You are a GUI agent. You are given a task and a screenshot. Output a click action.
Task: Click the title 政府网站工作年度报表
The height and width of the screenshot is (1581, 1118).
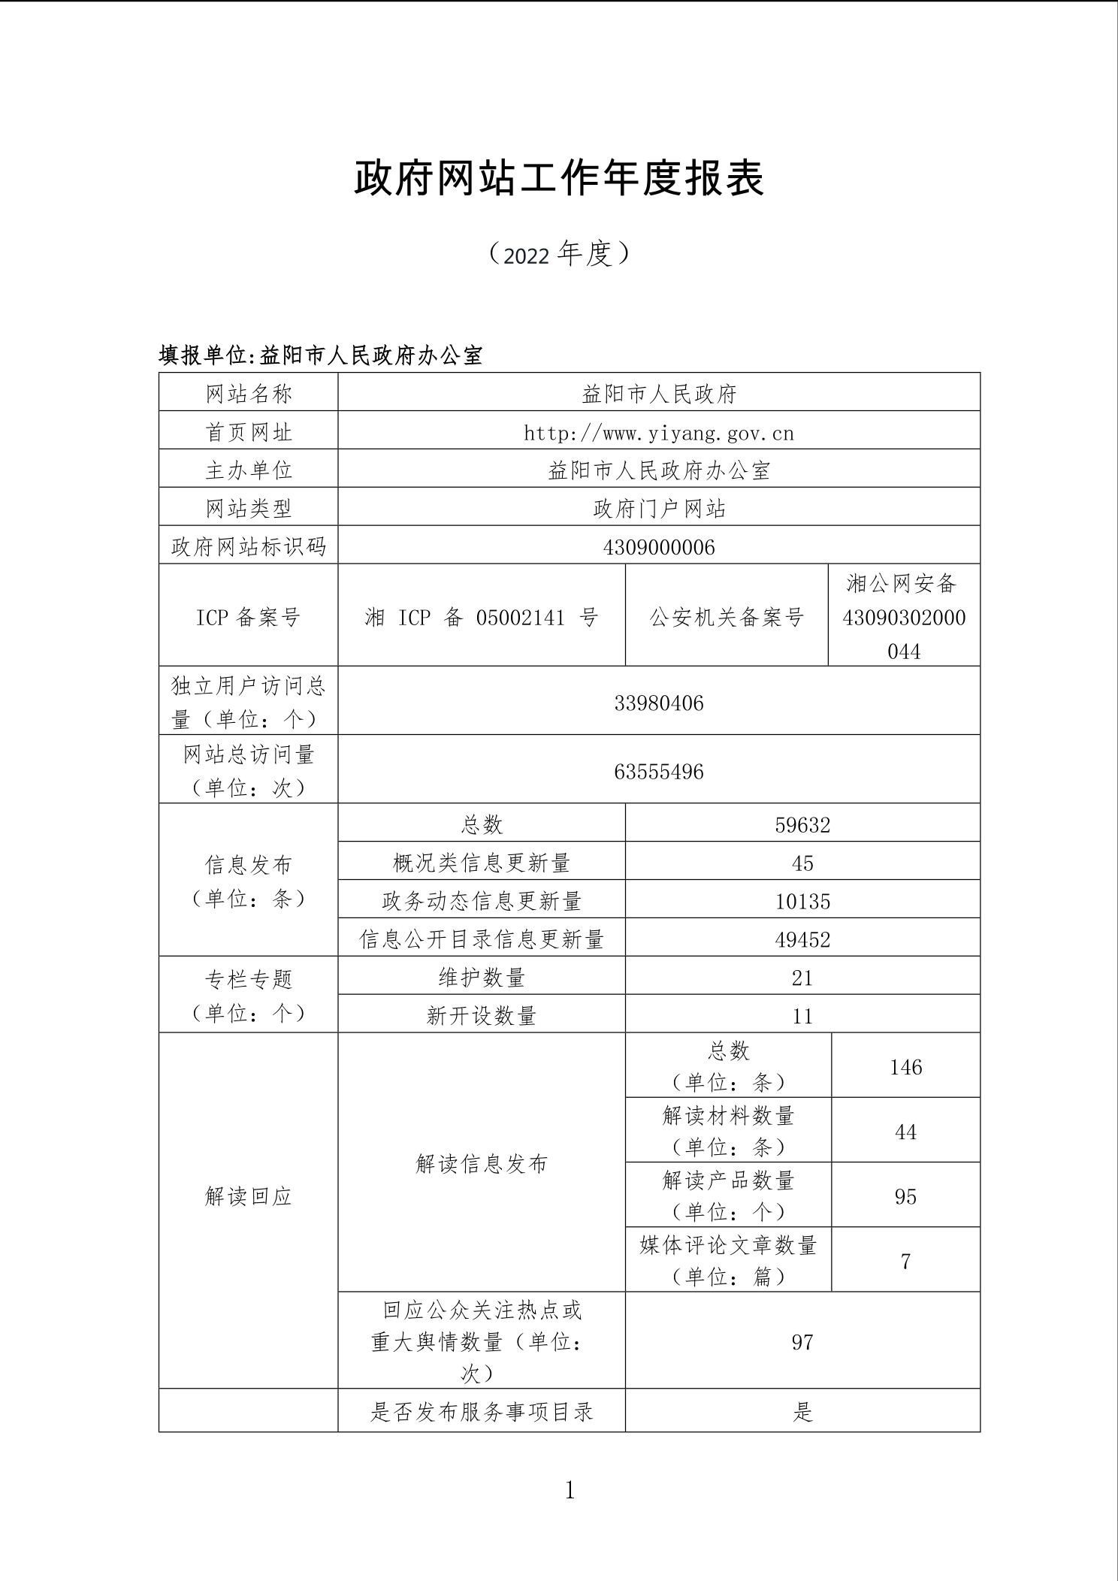tap(559, 179)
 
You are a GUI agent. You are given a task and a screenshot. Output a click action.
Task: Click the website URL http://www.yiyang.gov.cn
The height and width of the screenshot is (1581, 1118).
tap(659, 433)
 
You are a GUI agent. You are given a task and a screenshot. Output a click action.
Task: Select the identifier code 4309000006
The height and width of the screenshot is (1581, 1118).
tap(659, 547)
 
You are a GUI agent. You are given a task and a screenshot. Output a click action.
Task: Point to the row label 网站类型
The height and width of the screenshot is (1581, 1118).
tap(248, 509)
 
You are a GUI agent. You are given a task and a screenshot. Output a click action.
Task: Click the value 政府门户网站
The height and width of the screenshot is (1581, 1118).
tap(659, 509)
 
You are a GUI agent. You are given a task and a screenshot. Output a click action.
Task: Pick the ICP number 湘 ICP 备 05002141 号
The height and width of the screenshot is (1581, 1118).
tap(481, 618)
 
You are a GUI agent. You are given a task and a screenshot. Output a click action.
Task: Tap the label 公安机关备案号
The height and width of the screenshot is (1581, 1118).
tap(727, 618)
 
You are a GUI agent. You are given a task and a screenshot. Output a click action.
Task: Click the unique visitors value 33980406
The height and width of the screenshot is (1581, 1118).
tap(659, 703)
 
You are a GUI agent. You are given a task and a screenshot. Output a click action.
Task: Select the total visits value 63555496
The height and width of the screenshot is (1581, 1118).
tap(659, 772)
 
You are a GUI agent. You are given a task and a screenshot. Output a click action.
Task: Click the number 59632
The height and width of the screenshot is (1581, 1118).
tap(802, 825)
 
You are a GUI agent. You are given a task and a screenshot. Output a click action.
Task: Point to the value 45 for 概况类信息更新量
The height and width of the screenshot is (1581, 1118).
tap(802, 863)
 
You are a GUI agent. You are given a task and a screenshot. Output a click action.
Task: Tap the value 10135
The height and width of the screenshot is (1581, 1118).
tap(802, 902)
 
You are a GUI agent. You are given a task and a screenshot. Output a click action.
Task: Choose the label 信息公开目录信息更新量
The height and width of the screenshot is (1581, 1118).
tap(482, 939)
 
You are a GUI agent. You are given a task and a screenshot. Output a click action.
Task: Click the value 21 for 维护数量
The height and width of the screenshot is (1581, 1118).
tap(802, 978)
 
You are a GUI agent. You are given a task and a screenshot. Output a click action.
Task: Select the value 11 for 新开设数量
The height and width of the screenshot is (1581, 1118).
tap(802, 1016)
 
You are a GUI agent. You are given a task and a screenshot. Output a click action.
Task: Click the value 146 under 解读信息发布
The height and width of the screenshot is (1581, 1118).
tap(905, 1067)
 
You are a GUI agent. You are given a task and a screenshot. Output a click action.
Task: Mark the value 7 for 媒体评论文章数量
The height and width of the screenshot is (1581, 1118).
tap(905, 1261)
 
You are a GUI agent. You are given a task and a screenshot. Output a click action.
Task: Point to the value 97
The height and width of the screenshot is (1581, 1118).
tap(802, 1342)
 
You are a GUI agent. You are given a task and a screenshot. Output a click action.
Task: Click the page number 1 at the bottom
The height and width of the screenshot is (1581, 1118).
tap(570, 1490)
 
